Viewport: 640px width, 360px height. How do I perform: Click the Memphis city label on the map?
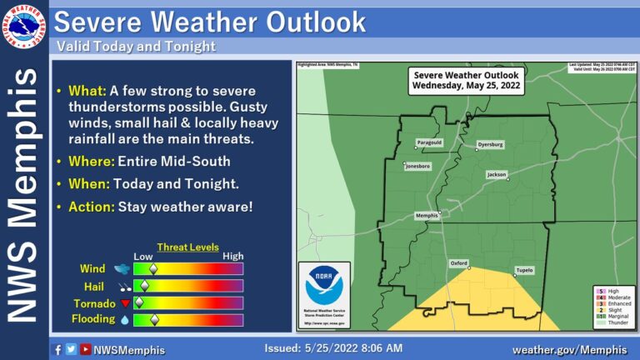click(x=427, y=216)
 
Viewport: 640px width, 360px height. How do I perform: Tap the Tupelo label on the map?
click(x=524, y=270)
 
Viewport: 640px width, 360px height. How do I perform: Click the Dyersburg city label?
click(x=489, y=144)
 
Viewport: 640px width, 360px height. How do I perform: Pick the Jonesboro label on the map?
click(x=417, y=167)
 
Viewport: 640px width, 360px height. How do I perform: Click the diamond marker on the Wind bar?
click(x=153, y=269)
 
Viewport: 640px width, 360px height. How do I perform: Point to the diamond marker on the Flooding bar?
click(x=153, y=319)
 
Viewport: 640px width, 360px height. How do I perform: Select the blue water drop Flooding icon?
click(x=124, y=319)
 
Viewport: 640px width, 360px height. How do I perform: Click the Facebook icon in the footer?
click(x=57, y=349)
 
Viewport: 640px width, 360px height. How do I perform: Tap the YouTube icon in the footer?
click(x=85, y=349)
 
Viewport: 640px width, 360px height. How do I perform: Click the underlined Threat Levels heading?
click(x=192, y=247)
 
